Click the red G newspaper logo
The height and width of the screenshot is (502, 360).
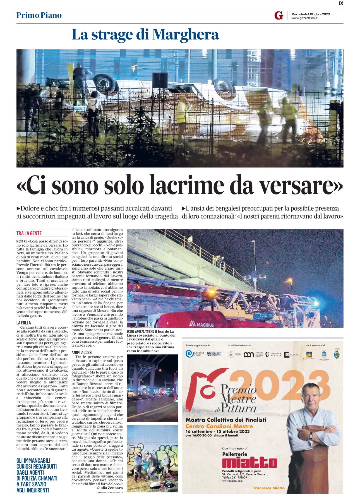[279, 16]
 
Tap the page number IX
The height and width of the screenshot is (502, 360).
[341, 3]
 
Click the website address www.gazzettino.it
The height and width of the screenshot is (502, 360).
[304, 18]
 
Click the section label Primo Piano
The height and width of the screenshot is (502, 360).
[39, 15]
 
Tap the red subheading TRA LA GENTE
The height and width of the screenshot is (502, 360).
[29, 233]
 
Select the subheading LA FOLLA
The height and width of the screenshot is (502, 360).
[24, 323]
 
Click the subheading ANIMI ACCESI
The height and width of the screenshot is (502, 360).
[82, 352]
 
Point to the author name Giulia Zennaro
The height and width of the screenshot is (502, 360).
[110, 487]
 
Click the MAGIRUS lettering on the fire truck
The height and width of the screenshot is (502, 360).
[202, 324]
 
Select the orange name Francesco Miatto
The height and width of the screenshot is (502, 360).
[269, 488]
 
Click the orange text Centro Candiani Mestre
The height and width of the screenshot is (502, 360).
[219, 426]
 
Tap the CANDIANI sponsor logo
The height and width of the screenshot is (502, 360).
[291, 354]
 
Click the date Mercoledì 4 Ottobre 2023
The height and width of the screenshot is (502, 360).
[310, 14]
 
